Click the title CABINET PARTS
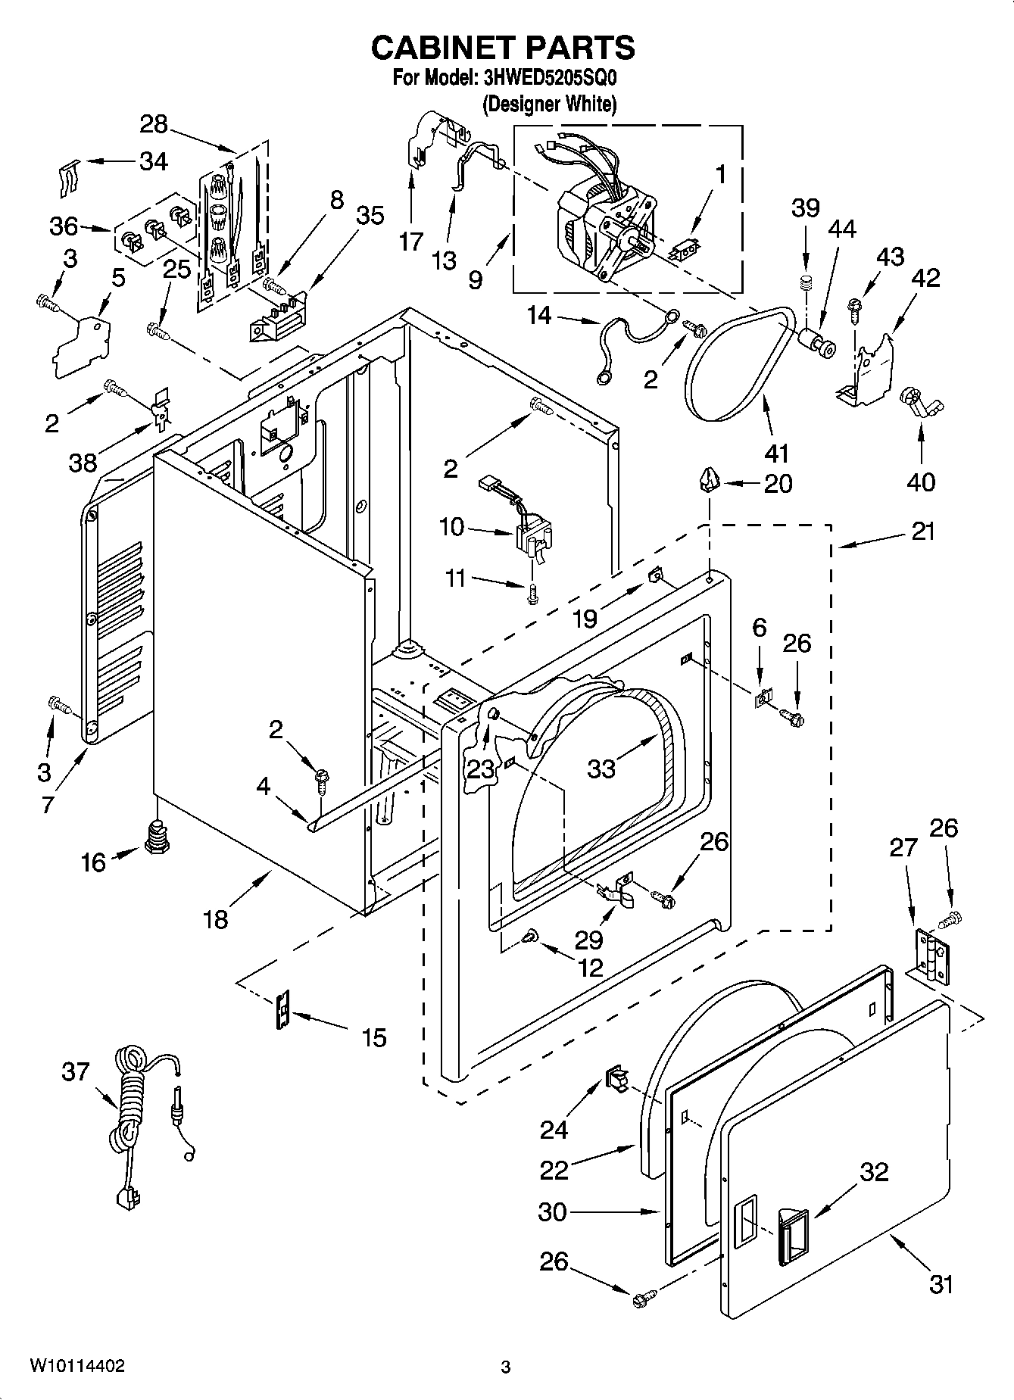(503, 47)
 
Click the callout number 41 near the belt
(776, 453)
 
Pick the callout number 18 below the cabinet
(216, 919)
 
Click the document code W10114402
(77, 1366)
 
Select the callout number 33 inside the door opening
(601, 768)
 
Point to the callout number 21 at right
(922, 532)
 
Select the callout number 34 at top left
(154, 161)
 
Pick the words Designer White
(550, 104)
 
